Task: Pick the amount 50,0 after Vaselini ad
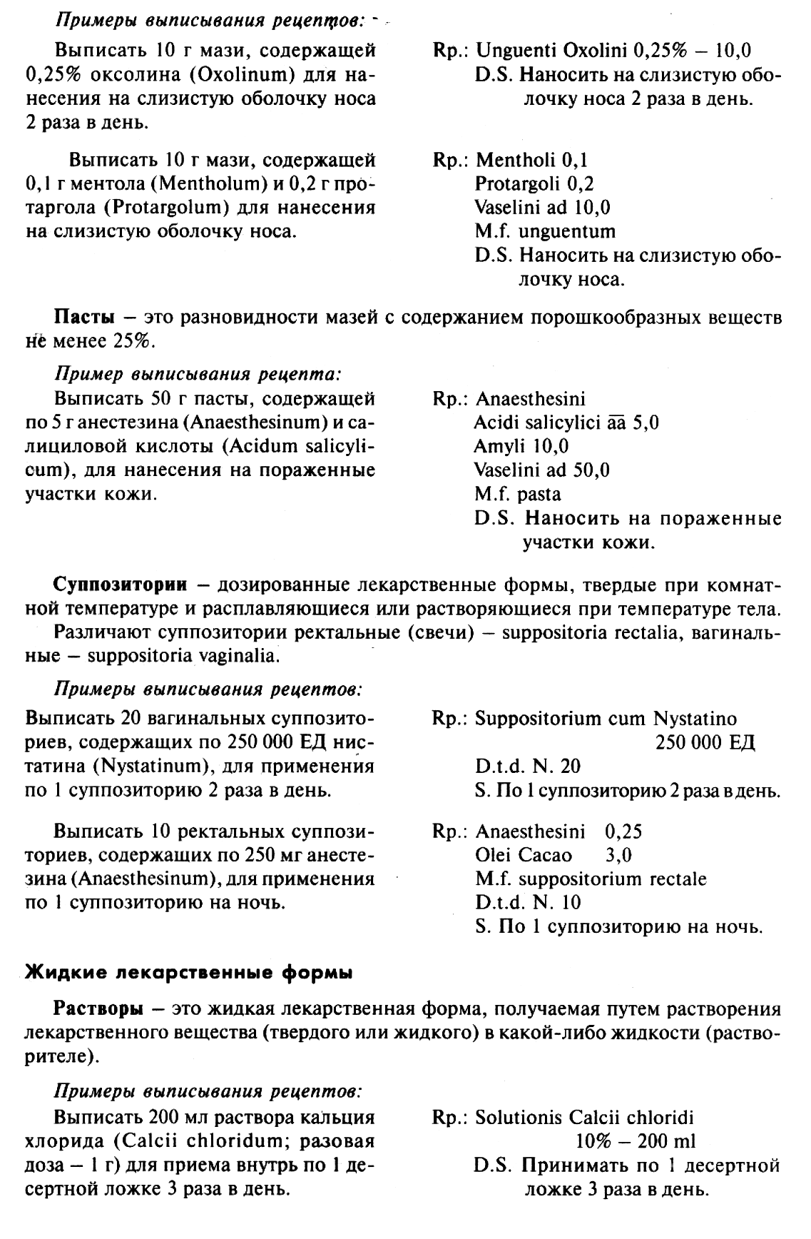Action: pyautogui.click(x=593, y=470)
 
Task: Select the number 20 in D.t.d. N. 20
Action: pyautogui.click(x=571, y=767)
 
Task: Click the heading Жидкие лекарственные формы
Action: pyautogui.click(x=188, y=971)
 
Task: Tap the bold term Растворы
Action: pyautogui.click(x=98, y=1009)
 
